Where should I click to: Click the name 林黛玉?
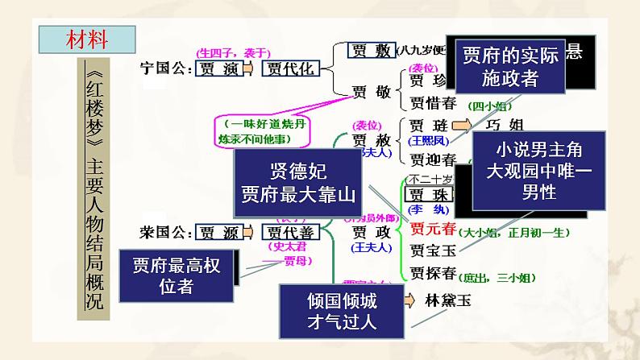pyautogui.click(x=447, y=301)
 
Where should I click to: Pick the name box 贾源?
pyautogui.click(x=219, y=234)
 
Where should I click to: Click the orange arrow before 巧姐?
pyautogui.click(x=462, y=126)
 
